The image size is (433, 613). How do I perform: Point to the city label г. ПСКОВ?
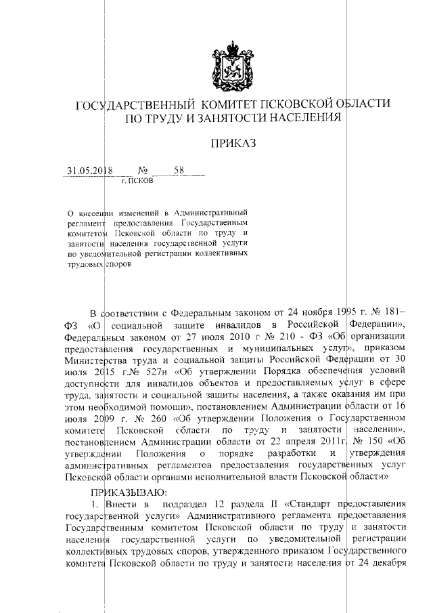coord(137,182)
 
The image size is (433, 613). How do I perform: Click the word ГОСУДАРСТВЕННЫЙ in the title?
coord(131,106)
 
